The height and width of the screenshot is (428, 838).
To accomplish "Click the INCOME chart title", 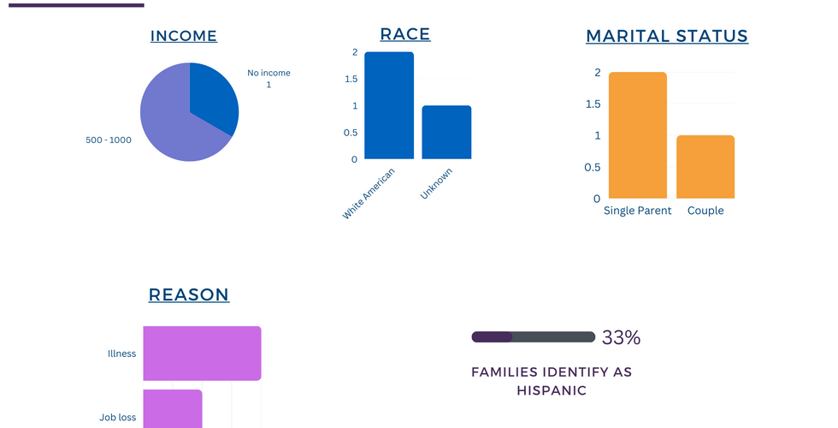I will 183,36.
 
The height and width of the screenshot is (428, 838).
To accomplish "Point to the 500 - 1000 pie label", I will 109,140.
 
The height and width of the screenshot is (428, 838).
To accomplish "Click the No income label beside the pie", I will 269,79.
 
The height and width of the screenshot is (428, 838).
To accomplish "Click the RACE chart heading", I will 404,34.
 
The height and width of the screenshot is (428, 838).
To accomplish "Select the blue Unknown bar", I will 446,132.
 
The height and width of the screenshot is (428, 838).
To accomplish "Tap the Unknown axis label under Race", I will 436,184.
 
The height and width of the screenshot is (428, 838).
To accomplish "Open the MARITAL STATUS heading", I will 667,36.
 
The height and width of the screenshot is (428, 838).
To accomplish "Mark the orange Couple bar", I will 705,167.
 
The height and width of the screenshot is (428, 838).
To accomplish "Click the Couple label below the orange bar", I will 705,211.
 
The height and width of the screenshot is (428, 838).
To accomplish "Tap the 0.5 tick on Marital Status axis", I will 592,167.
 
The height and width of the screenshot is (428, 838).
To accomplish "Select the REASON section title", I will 188,295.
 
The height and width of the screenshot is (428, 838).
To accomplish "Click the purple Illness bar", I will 202,353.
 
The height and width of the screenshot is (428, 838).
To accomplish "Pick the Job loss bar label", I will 117,418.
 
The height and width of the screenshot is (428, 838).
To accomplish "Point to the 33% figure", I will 621,337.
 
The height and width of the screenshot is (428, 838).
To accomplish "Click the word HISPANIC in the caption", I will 552,390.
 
